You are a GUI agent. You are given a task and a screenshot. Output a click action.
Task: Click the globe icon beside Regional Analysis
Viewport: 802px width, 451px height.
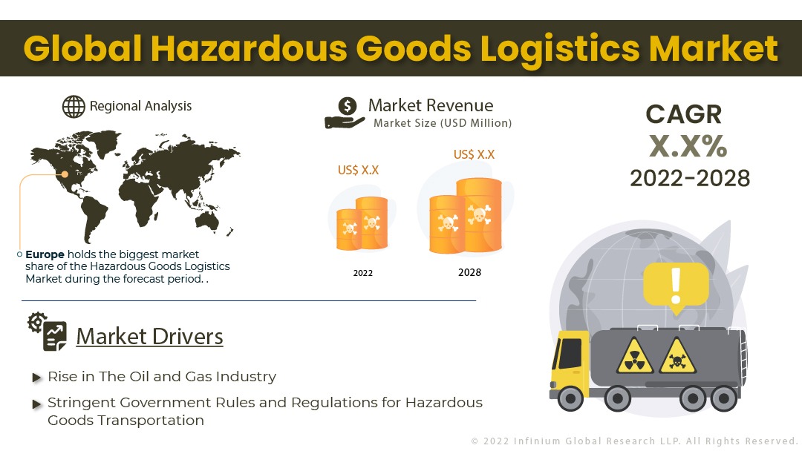[74, 107]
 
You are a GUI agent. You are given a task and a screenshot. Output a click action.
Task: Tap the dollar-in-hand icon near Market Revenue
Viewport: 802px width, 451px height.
[345, 113]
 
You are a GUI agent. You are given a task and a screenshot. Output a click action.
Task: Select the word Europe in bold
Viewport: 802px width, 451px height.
[45, 254]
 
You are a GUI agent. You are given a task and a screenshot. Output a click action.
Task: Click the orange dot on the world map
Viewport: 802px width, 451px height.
[65, 174]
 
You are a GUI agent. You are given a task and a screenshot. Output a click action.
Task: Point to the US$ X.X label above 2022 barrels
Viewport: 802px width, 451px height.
[358, 170]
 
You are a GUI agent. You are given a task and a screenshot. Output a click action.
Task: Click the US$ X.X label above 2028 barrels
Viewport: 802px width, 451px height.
[474, 154]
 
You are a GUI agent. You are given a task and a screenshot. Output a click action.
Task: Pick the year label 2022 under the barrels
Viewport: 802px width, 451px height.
[362, 273]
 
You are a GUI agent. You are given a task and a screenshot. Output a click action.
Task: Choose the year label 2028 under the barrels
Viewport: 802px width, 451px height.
[469, 272]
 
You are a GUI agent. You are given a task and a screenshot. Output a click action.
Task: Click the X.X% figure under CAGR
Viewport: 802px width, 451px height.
[688, 147]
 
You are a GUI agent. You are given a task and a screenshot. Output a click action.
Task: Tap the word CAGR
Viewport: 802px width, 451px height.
[684, 114]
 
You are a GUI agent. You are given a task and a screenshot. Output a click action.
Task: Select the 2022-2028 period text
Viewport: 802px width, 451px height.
[690, 178]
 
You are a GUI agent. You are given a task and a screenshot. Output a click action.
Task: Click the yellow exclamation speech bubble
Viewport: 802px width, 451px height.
[676, 288]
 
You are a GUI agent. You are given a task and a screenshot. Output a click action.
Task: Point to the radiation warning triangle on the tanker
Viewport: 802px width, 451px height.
[635, 355]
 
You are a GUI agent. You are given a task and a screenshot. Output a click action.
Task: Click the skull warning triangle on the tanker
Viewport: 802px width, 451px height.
[677, 355]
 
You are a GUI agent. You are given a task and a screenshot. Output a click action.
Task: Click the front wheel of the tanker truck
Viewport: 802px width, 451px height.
[570, 398]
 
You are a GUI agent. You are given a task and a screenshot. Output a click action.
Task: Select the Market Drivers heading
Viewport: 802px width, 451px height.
[149, 337]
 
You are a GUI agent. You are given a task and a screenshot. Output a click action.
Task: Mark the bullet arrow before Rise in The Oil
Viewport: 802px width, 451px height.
[37, 378]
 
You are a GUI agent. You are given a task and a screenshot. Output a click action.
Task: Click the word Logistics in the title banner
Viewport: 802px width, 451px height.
[560, 50]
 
